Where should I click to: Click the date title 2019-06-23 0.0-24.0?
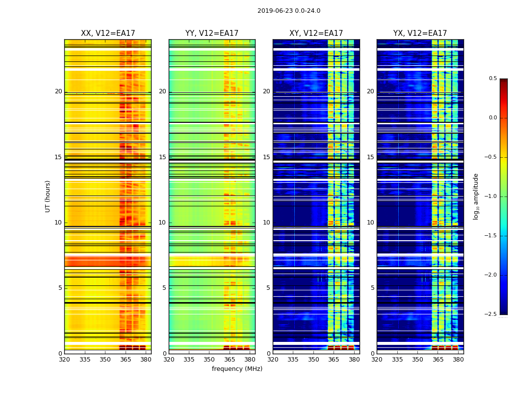point(288,11)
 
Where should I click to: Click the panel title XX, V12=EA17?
point(108,33)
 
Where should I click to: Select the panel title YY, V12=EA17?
point(212,33)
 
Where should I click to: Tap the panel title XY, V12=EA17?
point(316,33)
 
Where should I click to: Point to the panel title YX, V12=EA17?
point(420,33)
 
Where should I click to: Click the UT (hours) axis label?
point(48,196)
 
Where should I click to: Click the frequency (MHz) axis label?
point(237,369)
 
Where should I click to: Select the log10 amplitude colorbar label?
point(476,196)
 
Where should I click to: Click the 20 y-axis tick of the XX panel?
point(58,91)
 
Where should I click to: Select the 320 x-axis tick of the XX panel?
point(64,360)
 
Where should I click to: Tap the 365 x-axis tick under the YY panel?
point(230,360)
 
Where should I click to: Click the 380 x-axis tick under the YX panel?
point(458,360)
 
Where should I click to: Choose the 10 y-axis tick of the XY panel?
point(266,223)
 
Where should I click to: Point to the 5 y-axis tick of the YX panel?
point(372,288)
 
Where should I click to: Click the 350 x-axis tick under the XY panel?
point(313,360)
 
